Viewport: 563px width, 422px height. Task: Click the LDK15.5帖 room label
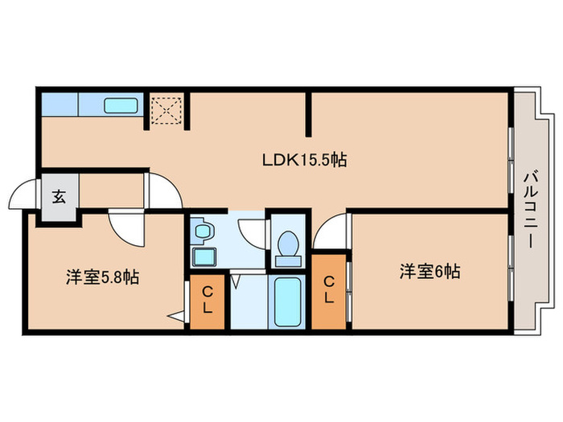click(304, 160)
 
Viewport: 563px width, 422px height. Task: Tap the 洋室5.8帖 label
click(102, 277)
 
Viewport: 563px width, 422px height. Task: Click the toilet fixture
click(287, 244)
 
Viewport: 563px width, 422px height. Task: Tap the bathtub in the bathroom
click(286, 302)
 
